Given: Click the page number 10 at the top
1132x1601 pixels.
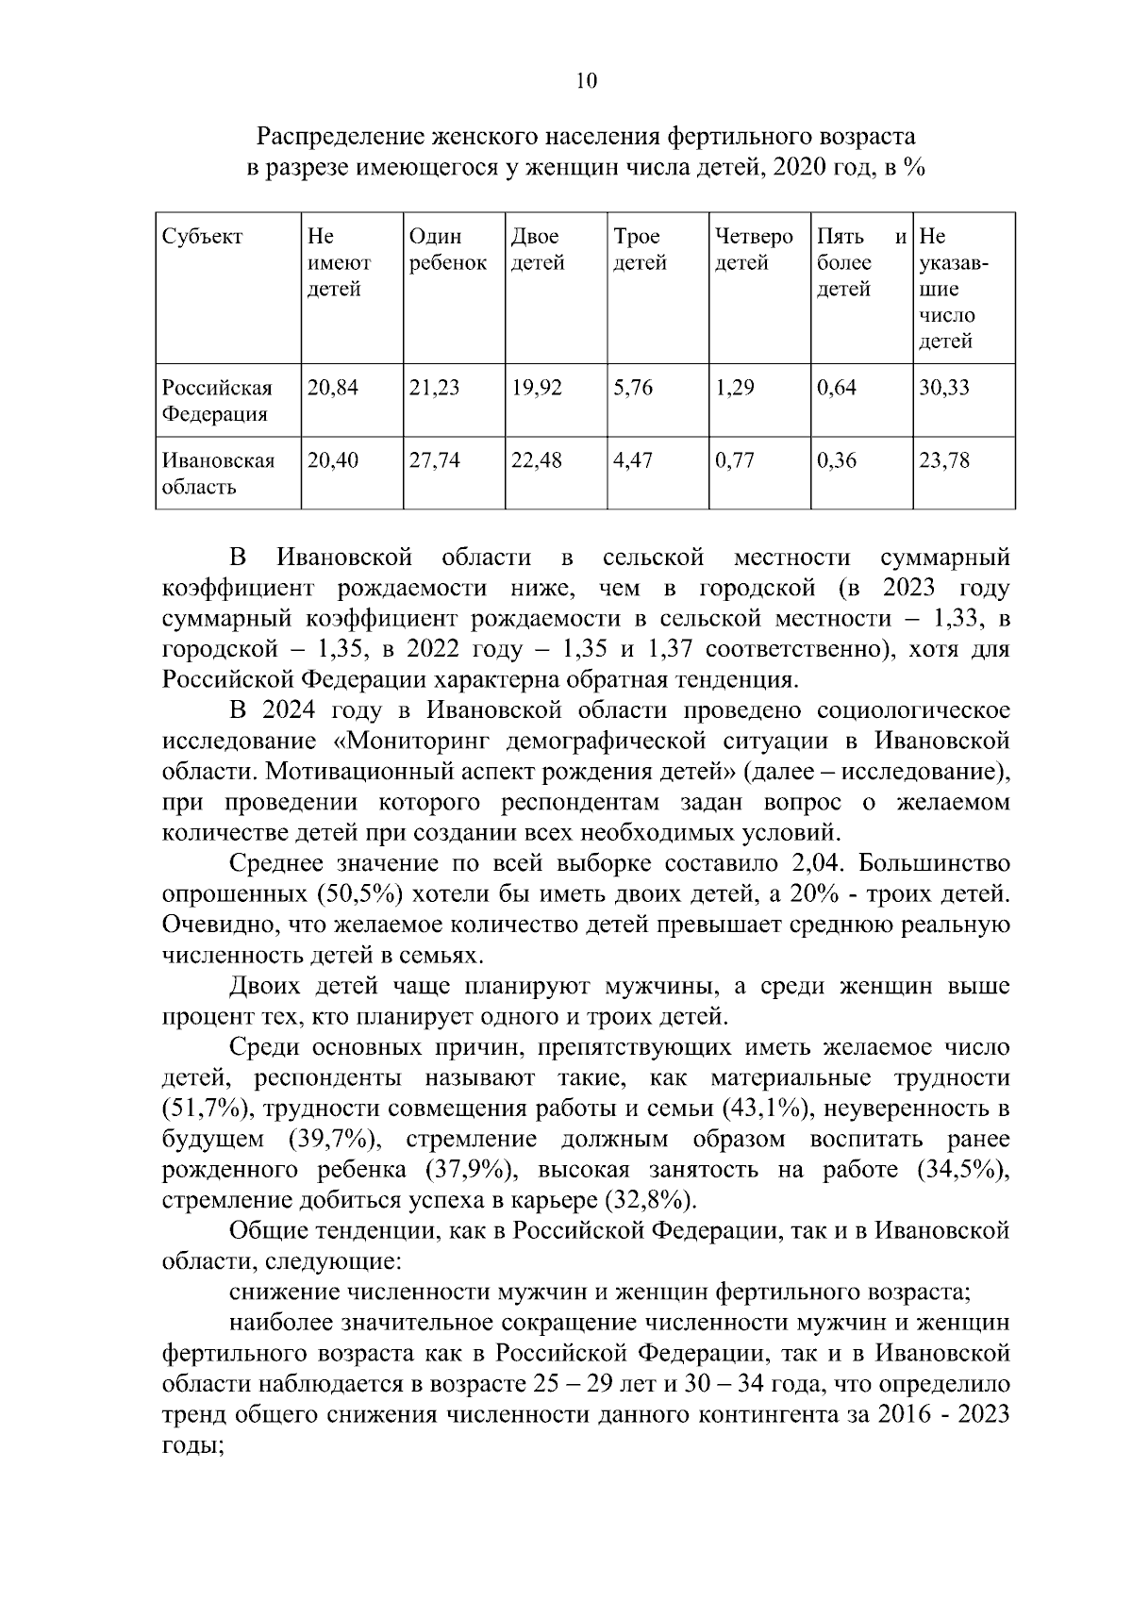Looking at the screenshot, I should pos(586,81).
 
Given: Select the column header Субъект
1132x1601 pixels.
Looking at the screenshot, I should pos(202,237).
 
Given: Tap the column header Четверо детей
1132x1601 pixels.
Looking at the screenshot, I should pos(754,249).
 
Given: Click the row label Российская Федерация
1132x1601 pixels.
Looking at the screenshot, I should pos(217,401).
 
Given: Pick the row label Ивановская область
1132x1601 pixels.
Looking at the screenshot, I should pos(218,474).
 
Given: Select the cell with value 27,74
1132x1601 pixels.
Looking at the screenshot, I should pos(434,461).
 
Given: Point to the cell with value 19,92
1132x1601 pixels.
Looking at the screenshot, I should pos(537,388).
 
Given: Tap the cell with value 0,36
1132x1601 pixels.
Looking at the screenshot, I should pos(837,461).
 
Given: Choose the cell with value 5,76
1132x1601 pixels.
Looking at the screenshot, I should pos(633,388).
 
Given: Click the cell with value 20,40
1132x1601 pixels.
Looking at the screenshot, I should pos(333,461).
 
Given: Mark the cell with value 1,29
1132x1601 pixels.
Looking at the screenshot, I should pos(735,388).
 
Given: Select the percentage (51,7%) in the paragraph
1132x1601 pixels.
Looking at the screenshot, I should pos(201,1109).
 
